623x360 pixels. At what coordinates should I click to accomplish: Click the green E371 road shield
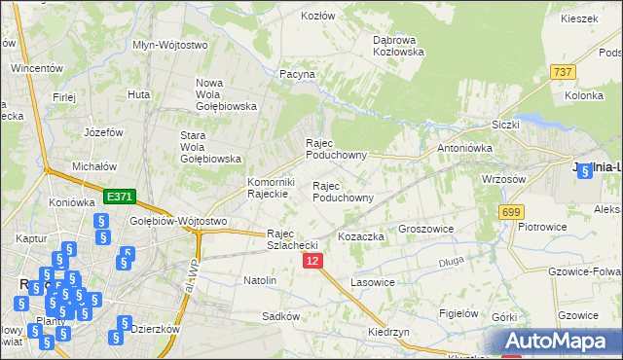pos(119,197)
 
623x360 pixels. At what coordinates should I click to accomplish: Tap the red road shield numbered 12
pos(311,261)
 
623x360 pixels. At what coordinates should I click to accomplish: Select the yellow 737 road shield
pos(562,73)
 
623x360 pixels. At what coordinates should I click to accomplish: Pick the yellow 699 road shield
pos(510,211)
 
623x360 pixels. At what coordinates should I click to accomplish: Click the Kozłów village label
pos(317,16)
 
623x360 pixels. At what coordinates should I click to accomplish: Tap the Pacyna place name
pos(297,73)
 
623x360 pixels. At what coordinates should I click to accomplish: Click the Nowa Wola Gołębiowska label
pos(226,94)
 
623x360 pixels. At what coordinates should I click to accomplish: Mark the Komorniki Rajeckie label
pos(271,188)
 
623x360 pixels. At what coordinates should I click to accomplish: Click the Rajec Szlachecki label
pos(293,238)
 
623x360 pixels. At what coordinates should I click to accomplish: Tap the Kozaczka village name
pos(360,236)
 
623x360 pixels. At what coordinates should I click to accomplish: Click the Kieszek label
pos(578,18)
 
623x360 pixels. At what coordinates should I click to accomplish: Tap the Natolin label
pos(260,280)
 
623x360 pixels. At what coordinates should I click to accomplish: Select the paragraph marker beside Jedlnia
pos(584,172)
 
